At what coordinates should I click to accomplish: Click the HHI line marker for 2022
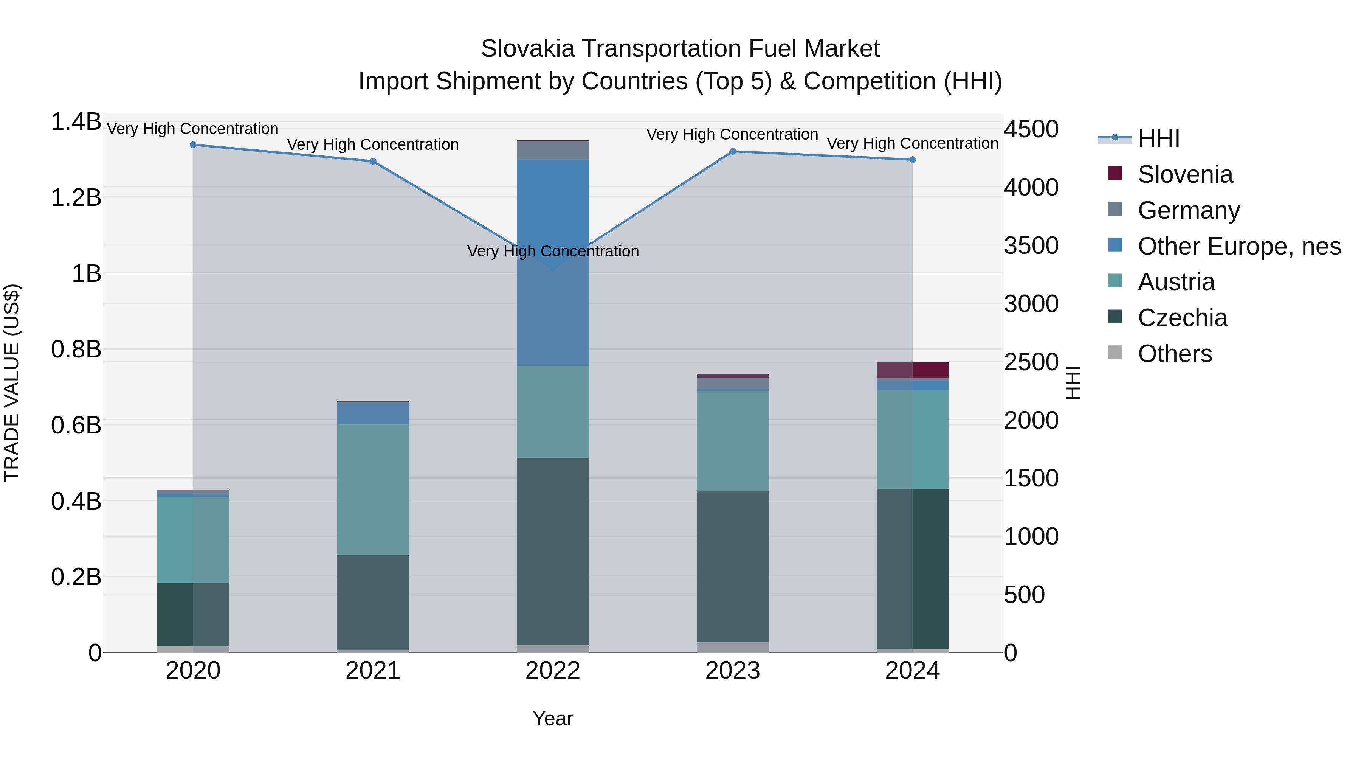pyautogui.click(x=553, y=267)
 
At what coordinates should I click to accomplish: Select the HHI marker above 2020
pyautogui.click(x=193, y=145)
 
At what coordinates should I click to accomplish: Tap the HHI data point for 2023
pyautogui.click(x=732, y=152)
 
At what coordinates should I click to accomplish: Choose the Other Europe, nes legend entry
pyautogui.click(x=1239, y=246)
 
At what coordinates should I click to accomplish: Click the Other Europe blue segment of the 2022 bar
pyautogui.click(x=553, y=317)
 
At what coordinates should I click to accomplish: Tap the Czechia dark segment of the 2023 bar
pyautogui.click(x=732, y=566)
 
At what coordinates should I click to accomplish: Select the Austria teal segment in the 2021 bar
pyautogui.click(x=373, y=489)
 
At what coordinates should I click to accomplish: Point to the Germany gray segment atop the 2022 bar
pyautogui.click(x=553, y=151)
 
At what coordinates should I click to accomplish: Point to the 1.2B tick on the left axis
pyautogui.click(x=76, y=198)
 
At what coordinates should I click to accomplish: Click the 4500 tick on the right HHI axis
pyautogui.click(x=1031, y=129)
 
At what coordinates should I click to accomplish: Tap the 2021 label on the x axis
pyautogui.click(x=373, y=671)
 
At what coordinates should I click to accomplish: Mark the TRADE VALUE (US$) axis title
pyautogui.click(x=12, y=383)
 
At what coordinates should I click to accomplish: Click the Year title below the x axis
pyautogui.click(x=553, y=718)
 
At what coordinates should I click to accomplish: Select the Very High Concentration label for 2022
pyautogui.click(x=553, y=251)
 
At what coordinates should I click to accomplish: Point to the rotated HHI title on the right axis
pyautogui.click(x=1073, y=383)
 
